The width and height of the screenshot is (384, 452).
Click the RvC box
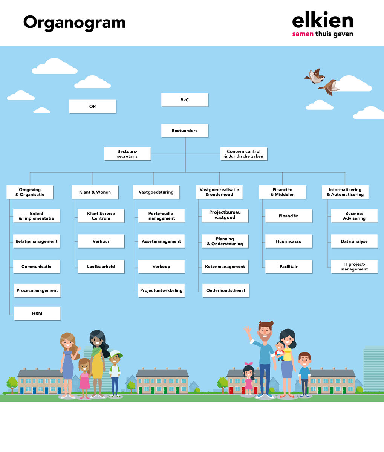point(185,100)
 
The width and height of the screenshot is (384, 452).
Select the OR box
point(93,107)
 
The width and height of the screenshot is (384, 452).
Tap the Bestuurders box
point(185,131)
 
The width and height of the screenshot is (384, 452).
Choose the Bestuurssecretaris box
point(127,154)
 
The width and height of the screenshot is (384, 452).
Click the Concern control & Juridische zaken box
point(244,154)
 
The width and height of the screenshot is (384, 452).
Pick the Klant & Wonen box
point(95,192)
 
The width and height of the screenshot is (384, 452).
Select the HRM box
point(37,313)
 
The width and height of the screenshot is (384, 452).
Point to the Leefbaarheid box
point(101,267)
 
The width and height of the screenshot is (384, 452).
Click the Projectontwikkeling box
point(162,290)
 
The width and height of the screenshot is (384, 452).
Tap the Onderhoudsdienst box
point(226,290)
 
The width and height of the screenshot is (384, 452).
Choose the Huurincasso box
point(289,241)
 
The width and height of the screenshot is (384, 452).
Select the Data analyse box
point(354,241)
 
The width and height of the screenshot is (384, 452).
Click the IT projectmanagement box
point(354,267)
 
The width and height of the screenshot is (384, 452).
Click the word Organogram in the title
point(74,23)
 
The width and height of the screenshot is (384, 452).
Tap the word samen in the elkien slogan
point(303,34)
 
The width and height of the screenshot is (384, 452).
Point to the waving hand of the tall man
point(248,330)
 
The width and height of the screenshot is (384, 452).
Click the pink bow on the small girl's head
point(249,364)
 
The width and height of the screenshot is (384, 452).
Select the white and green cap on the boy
point(116,354)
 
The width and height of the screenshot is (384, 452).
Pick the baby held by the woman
point(280,351)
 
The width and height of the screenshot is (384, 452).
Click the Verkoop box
point(162,267)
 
